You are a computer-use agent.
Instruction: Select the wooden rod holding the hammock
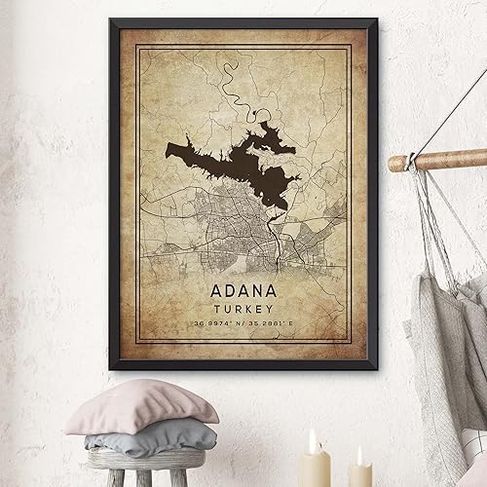click(x=438, y=160)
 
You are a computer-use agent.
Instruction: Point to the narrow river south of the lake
click(x=280, y=248)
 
